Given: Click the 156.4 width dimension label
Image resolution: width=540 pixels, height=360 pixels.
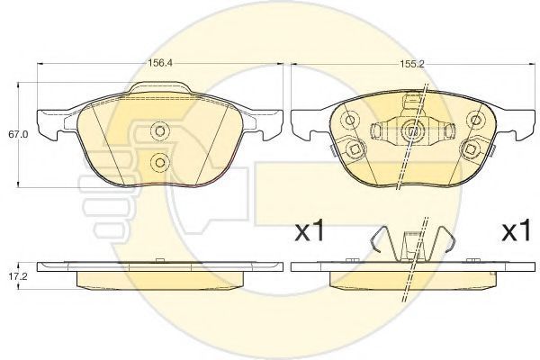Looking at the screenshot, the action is click(x=159, y=63).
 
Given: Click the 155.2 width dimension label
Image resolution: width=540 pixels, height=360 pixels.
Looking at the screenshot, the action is click(x=411, y=64).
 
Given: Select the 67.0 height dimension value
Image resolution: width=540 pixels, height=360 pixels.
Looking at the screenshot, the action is click(x=16, y=134).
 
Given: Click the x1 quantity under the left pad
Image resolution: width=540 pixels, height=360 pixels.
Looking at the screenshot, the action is click(x=310, y=231).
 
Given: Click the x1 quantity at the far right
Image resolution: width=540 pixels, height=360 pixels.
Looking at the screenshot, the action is click(x=516, y=231).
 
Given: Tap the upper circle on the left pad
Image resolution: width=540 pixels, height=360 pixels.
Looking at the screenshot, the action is click(x=159, y=130).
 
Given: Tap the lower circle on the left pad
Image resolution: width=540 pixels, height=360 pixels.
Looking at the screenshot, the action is click(x=159, y=162).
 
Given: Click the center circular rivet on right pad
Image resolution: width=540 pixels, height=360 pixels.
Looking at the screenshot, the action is click(x=412, y=130).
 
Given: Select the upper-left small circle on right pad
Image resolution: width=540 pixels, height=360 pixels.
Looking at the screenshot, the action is click(x=350, y=120).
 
